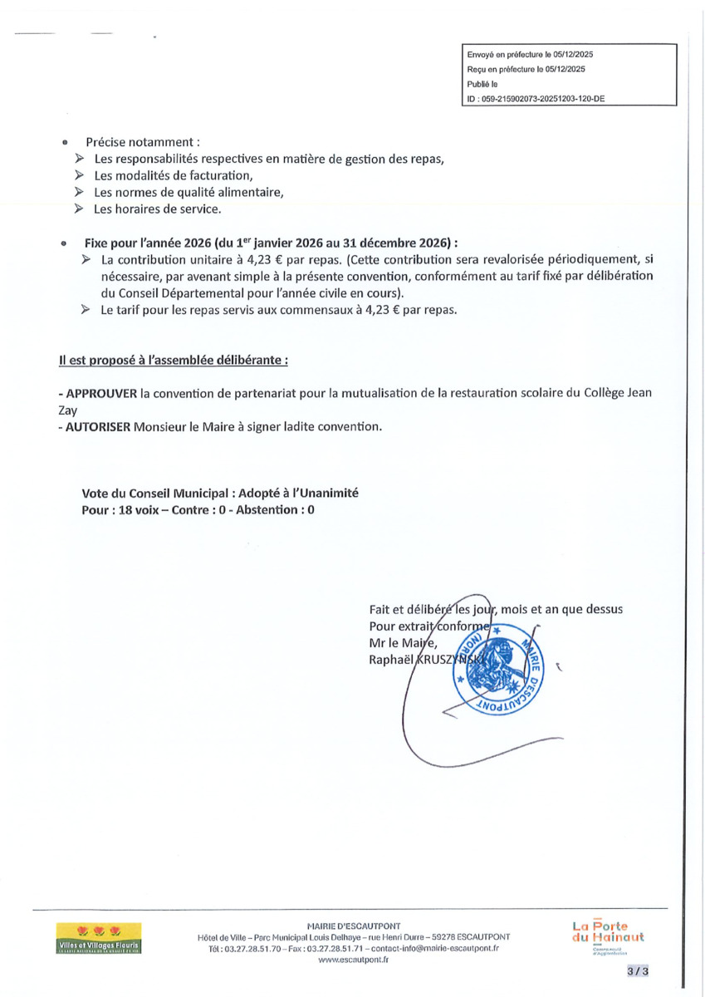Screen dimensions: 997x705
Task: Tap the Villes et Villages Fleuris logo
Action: click(x=99, y=938)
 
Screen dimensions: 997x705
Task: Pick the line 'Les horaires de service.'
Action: click(x=157, y=209)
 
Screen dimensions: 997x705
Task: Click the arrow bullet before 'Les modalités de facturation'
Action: click(x=79, y=175)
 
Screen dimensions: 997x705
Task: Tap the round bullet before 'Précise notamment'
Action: click(x=65, y=142)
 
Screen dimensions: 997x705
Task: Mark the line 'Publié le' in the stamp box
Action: click(x=482, y=83)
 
